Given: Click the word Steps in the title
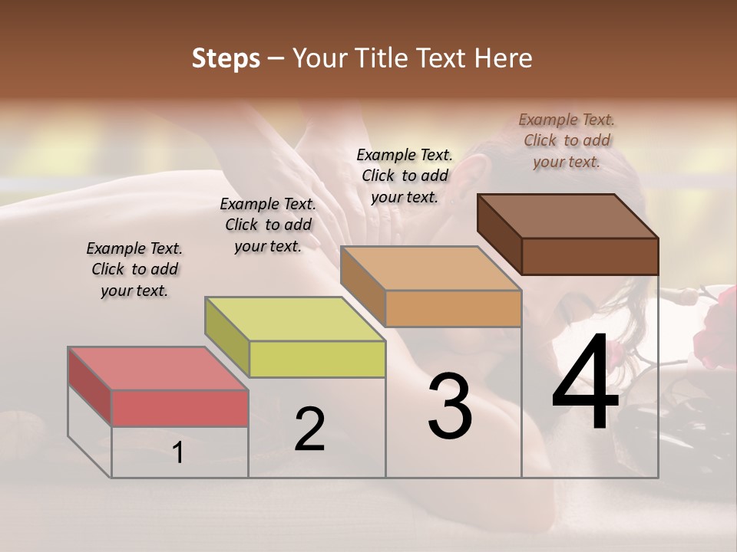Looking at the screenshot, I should point(226,58).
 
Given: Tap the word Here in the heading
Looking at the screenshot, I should point(504,58).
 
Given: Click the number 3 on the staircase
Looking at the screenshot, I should point(450,406).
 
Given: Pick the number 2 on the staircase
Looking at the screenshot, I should point(309,429).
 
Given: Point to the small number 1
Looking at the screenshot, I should point(178,453).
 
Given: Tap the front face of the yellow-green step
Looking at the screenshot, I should point(317,359).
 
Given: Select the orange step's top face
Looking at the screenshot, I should point(430,269).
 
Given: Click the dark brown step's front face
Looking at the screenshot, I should point(590,256).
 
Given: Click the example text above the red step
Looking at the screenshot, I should point(134,269).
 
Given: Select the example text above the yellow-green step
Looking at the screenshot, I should point(268,225).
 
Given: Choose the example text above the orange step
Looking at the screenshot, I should point(405,176).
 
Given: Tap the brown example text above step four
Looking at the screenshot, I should point(567,140).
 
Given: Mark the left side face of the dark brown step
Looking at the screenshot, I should point(499,234).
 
